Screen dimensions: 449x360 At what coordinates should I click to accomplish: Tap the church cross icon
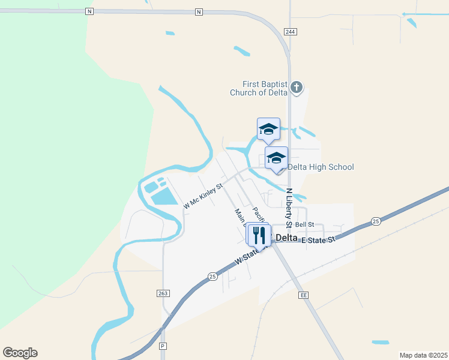tap(296, 88)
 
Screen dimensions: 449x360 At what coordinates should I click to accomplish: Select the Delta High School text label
tap(321, 167)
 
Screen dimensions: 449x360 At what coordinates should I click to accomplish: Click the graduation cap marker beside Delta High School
tap(276, 159)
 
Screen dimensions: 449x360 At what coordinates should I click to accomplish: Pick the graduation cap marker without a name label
tap(268, 130)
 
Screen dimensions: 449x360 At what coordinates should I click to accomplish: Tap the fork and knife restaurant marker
tap(259, 235)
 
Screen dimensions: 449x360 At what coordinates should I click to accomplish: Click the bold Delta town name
tap(287, 238)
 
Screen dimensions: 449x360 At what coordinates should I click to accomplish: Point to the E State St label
tap(318, 240)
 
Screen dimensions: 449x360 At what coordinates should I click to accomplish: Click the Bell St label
tap(305, 224)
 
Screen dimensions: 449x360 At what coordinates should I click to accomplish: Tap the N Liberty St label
tap(289, 208)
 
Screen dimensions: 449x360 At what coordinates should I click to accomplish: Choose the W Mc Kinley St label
tap(203, 196)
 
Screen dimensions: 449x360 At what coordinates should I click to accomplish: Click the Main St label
tap(240, 215)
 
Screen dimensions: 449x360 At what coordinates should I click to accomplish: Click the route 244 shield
tap(291, 31)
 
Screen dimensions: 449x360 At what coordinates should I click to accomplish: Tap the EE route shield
tap(304, 295)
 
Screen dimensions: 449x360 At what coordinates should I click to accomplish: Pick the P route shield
tap(162, 346)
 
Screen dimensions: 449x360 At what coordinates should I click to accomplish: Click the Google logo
tap(20, 353)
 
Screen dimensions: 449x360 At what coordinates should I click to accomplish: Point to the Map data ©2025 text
tap(423, 355)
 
